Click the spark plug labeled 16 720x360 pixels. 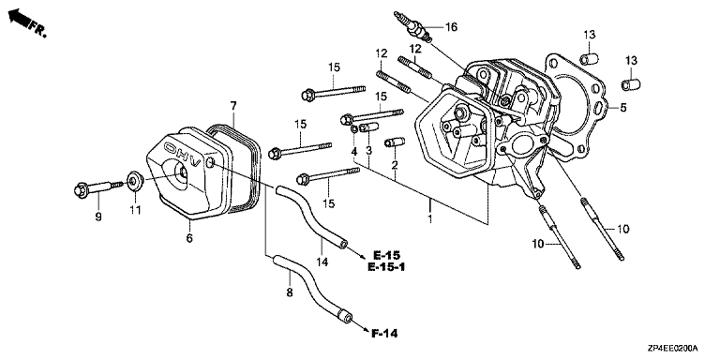pyautogui.click(x=413, y=27)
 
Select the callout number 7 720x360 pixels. pyautogui.click(x=233, y=107)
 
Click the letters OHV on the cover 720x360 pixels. pyautogui.click(x=185, y=149)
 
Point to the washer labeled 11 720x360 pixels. pyautogui.click(x=135, y=180)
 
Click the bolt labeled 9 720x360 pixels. pyautogui.click(x=97, y=188)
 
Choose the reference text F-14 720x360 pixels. pyautogui.click(x=383, y=334)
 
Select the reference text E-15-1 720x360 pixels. pyautogui.click(x=386, y=267)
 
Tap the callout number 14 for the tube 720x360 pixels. pyautogui.click(x=322, y=262)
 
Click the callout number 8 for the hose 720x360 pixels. pyautogui.click(x=290, y=292)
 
